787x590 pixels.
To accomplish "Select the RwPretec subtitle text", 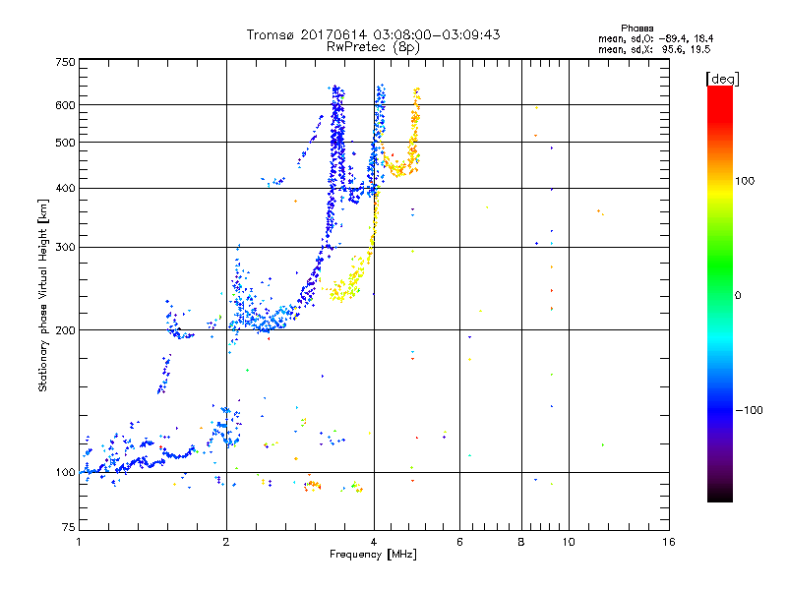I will [x=359, y=46].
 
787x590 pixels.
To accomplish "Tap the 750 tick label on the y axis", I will [x=65, y=62].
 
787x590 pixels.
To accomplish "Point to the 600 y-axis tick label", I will [x=65, y=105].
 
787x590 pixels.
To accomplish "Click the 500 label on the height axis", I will [x=65, y=143].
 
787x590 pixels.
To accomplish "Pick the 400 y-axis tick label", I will [x=65, y=189].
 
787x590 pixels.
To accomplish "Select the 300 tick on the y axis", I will [x=65, y=248].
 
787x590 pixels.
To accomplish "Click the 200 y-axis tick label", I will [x=65, y=330].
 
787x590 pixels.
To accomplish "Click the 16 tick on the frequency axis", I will [x=668, y=543].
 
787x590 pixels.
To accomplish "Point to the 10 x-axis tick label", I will [x=568, y=543].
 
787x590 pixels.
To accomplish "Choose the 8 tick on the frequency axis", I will [x=521, y=543].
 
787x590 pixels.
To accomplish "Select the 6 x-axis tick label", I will [x=459, y=543].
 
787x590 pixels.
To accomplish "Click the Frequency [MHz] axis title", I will [x=373, y=556].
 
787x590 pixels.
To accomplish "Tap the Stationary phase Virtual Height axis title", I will [x=43, y=295].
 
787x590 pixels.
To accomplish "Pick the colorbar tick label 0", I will [x=737, y=295].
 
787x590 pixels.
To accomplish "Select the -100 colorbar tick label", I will [x=750, y=410].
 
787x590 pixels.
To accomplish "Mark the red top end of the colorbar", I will [x=719, y=91].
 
